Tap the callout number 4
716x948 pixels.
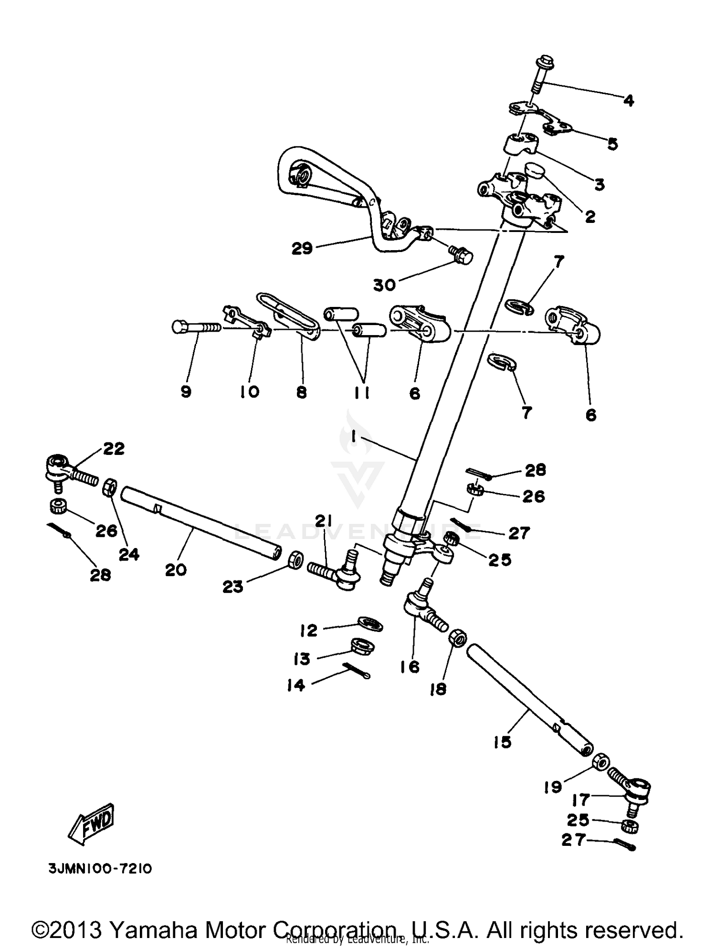coord(629,101)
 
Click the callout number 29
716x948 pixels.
coord(302,248)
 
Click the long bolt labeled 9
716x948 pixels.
coord(196,327)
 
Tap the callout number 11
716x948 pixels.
coord(364,392)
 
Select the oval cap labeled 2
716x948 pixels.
coord(536,170)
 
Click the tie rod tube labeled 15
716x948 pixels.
coord(530,701)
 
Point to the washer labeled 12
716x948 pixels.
coord(370,623)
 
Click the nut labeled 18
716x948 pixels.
coord(457,638)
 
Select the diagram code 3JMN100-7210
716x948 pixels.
coord(100,868)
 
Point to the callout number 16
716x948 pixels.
coord(410,666)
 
